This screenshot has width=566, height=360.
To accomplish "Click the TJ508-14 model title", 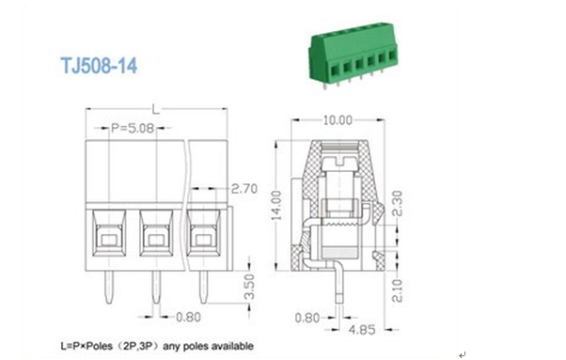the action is pos(99,66).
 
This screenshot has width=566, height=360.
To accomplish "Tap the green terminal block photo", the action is pos(353,55).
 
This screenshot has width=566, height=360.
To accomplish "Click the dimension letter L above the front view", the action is pos(155,109).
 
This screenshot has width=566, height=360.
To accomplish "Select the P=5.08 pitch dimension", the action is pos(133,128).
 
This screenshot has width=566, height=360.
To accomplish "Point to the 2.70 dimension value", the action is pos(244,188).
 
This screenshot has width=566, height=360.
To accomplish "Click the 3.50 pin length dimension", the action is pos(249,287).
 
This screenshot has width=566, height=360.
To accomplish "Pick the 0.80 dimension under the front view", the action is pos(188,317).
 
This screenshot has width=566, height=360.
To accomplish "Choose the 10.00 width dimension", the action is pos(338,120).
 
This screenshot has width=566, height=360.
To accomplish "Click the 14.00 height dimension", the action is pos(276,205).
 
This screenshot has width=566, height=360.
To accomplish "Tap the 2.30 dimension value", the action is pos(397,203).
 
